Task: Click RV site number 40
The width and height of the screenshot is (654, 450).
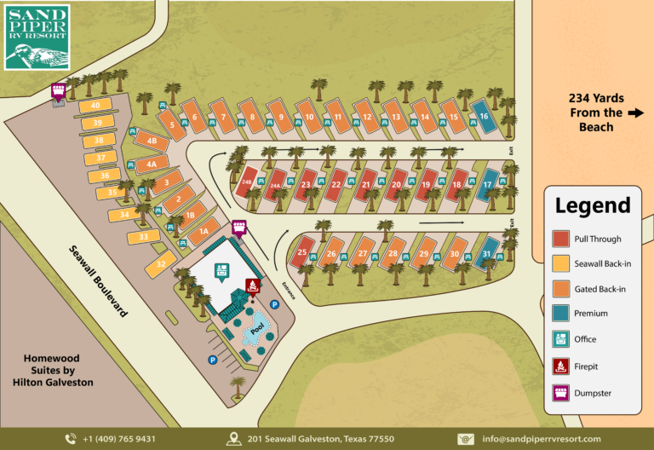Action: point(95,105)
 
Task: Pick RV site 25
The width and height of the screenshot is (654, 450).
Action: point(303,252)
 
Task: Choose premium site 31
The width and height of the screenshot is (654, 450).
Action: point(486,254)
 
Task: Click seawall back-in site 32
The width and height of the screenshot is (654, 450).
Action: point(161,265)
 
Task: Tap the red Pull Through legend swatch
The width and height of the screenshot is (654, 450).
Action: point(561,239)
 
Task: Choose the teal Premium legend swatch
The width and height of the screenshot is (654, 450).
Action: point(561,314)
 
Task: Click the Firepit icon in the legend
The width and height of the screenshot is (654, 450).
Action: point(561,367)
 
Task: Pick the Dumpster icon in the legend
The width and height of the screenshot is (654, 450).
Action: point(561,393)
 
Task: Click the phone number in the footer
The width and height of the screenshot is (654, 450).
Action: point(118,439)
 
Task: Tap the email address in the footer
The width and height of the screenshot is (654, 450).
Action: point(541,439)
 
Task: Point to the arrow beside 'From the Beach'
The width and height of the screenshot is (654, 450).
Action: point(634,112)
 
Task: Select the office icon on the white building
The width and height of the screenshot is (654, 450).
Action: point(222,272)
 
